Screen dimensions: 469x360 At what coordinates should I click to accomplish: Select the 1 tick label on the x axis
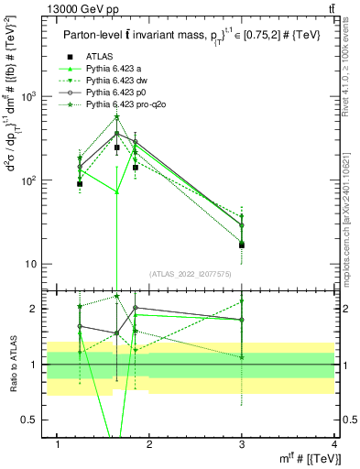pyautogui.click(x=59, y=444)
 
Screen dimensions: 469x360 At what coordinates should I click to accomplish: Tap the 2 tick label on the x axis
pyautogui.click(x=151, y=444)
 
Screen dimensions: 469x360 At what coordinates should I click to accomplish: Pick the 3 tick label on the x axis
pyautogui.click(x=243, y=444)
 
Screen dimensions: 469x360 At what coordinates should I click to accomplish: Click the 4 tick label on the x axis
pyautogui.click(x=334, y=444)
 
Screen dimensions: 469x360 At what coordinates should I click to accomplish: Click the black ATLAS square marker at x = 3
pyautogui.click(x=242, y=245)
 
